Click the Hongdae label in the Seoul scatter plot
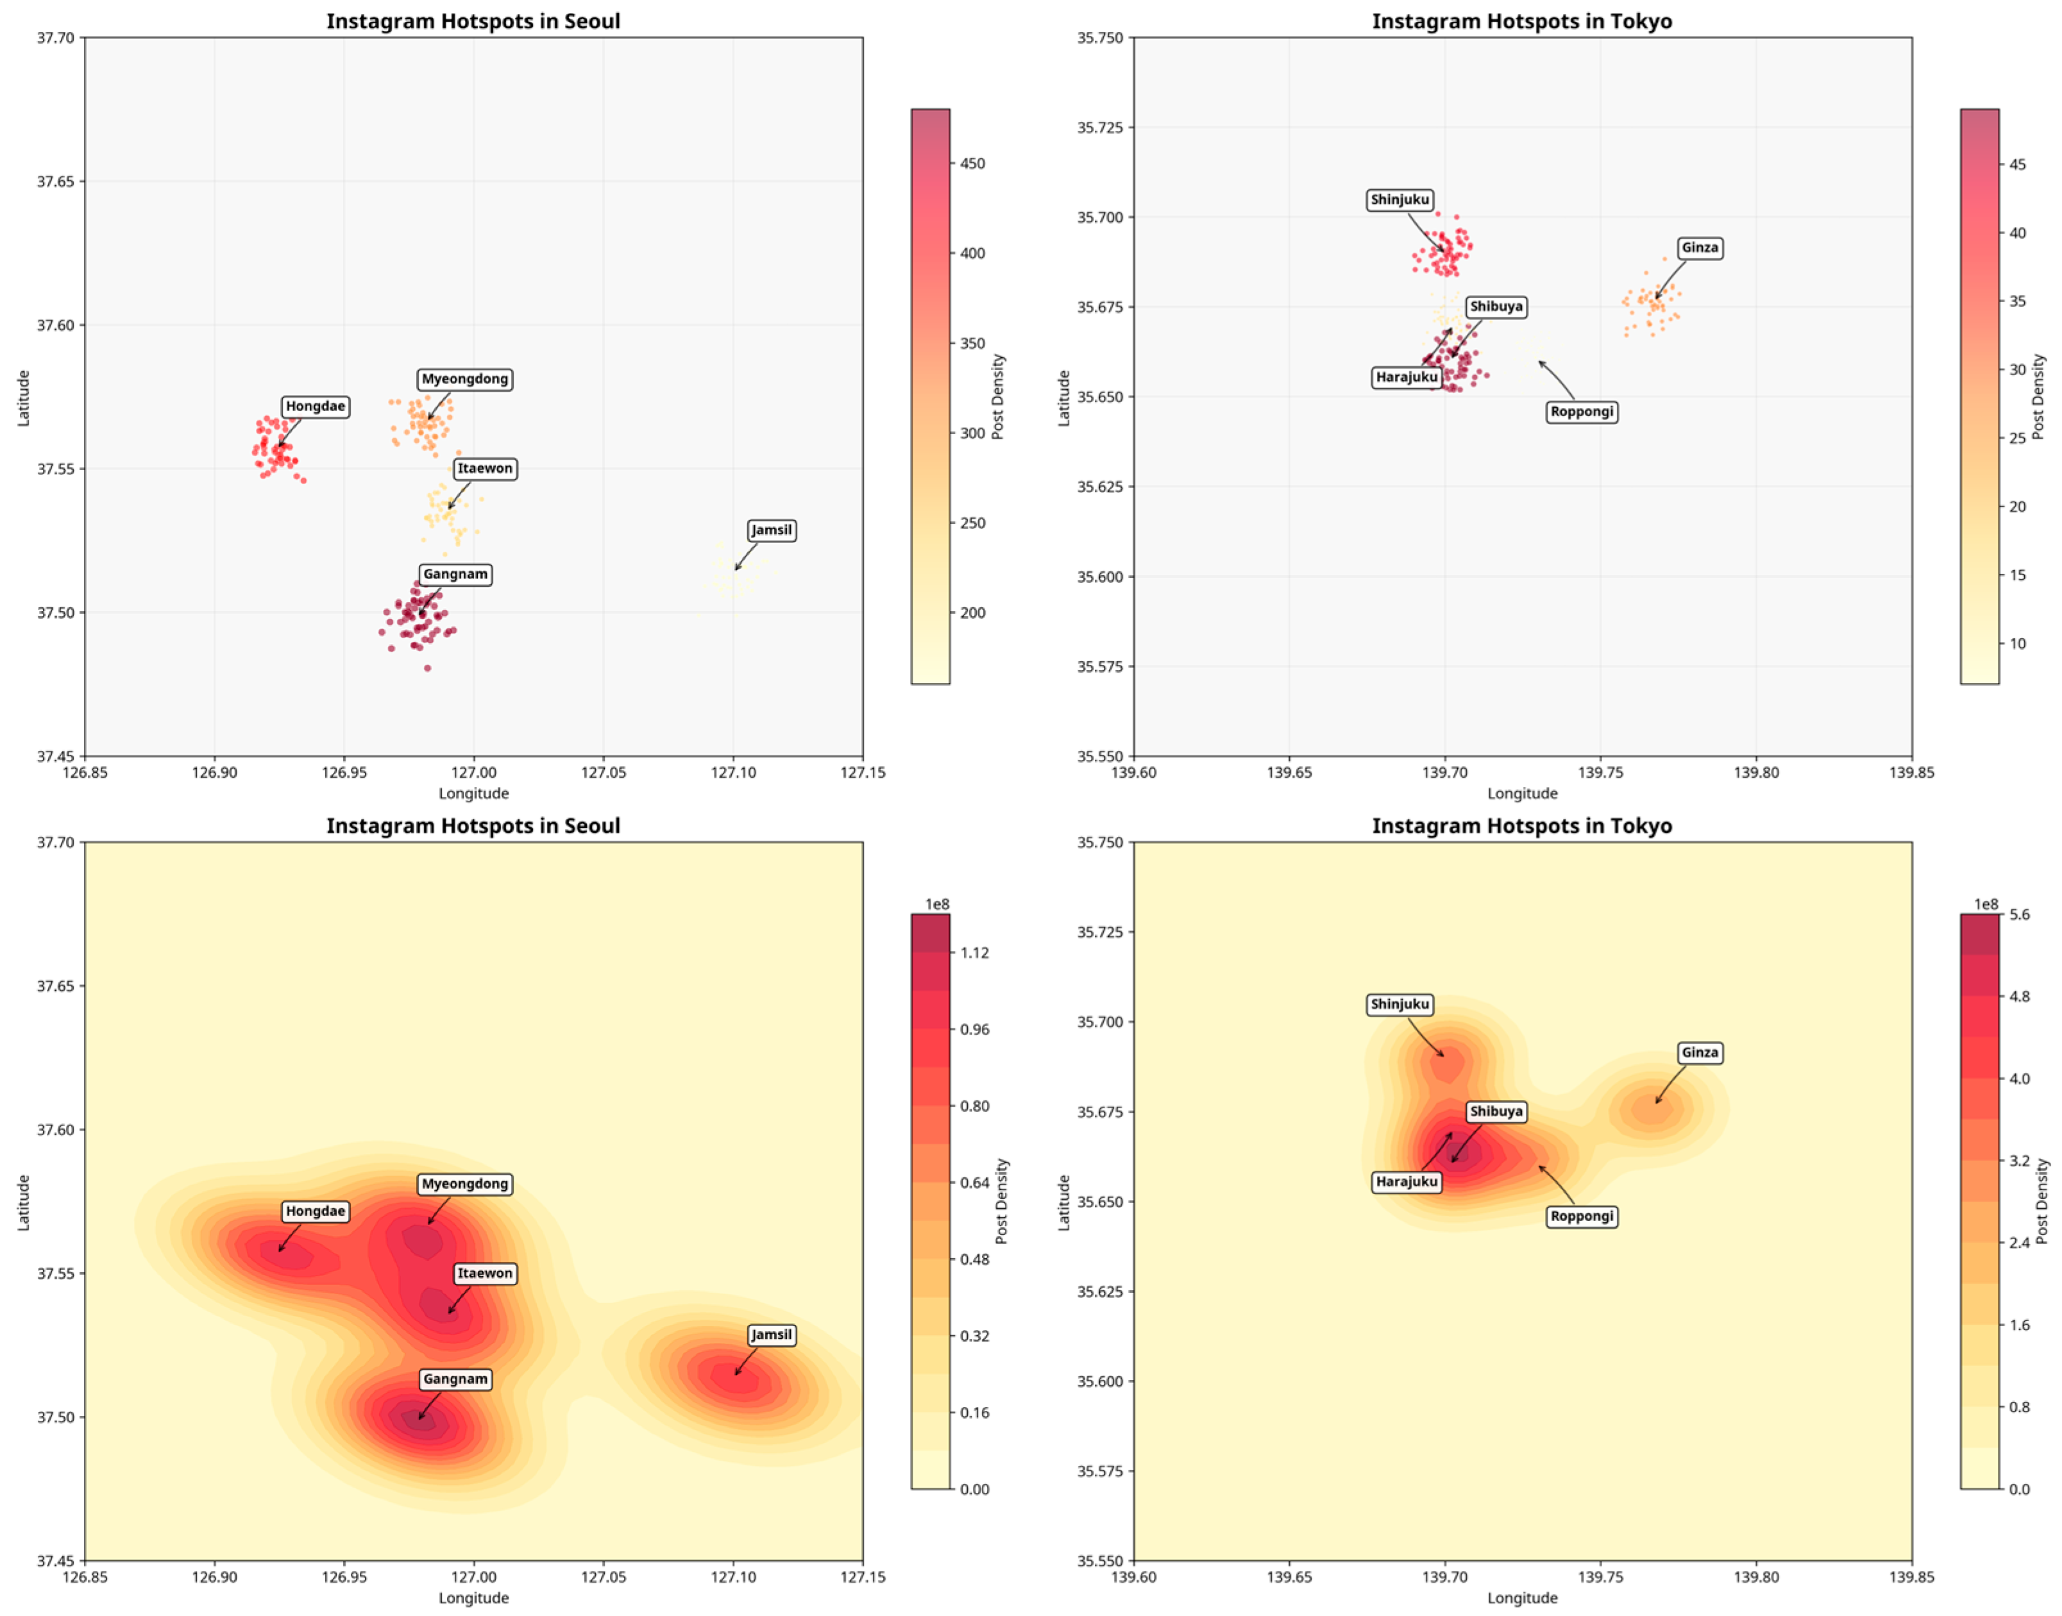tap(315, 407)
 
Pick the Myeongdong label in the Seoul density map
tap(464, 1184)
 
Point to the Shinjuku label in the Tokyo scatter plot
tap(1399, 199)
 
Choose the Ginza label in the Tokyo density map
tap(1700, 1052)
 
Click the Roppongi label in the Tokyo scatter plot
tap(1581, 412)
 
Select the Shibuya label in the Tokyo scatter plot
tap(1495, 307)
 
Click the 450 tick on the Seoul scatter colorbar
tap(972, 164)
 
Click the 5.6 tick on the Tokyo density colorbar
tap(2020, 915)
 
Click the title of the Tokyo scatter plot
tap(1522, 21)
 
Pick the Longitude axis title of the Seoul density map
tap(473, 1598)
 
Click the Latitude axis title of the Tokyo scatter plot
tap(1063, 398)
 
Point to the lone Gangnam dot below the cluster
tap(428, 668)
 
